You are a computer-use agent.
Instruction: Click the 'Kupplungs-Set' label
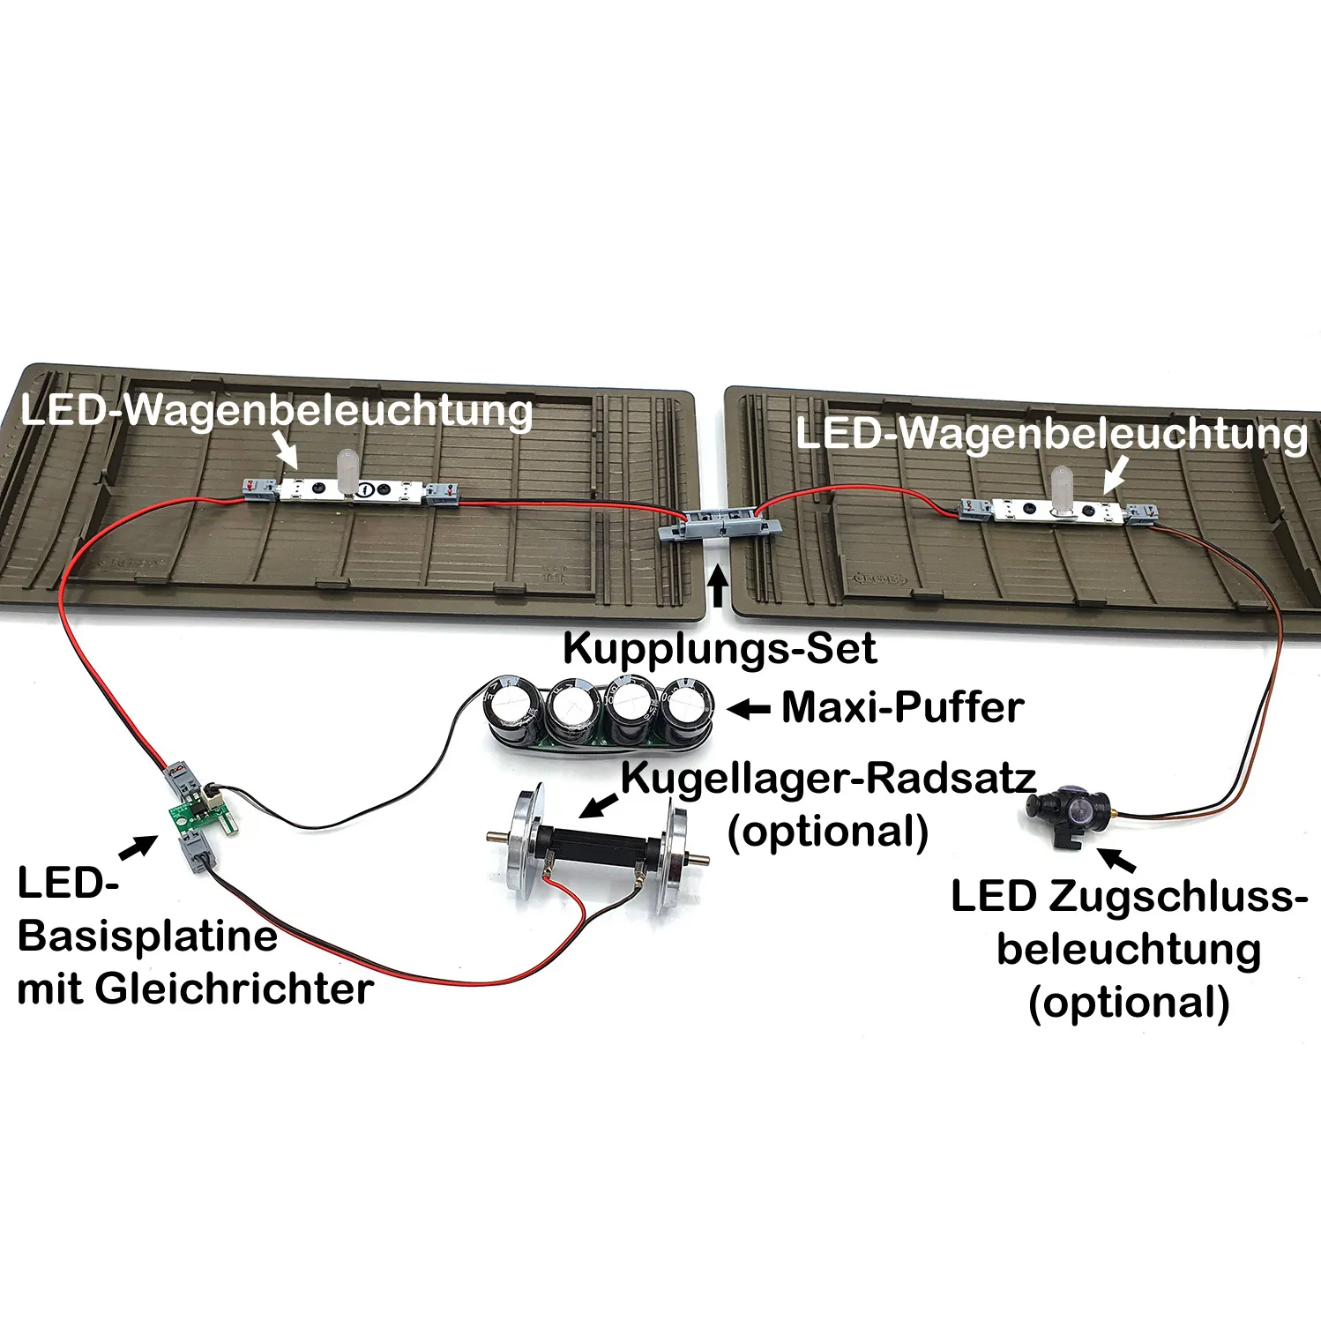click(x=719, y=649)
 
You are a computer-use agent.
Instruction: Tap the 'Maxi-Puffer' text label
click(x=902, y=707)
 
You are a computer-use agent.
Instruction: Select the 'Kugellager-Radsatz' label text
click(x=828, y=778)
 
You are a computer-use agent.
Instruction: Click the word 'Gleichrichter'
click(x=234, y=989)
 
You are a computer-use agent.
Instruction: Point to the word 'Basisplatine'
click(x=147, y=936)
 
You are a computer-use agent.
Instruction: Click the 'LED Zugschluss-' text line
click(x=1129, y=897)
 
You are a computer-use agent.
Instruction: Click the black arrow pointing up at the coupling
click(x=719, y=587)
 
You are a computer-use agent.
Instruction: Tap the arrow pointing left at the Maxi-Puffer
click(x=750, y=708)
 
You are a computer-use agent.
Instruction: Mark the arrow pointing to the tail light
click(x=1117, y=860)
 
